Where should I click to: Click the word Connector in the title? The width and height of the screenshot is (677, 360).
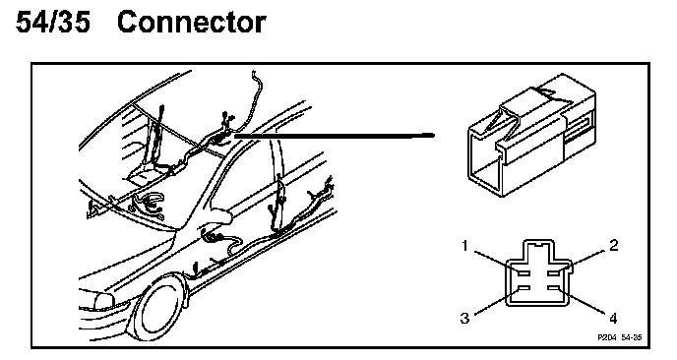coord(191,23)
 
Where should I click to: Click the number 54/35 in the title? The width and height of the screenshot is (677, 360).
coord(53,23)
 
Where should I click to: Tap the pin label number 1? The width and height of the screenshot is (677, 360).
coord(465,246)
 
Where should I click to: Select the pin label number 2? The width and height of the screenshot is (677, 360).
coord(614,245)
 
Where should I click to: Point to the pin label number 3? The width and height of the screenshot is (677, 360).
coord(464,318)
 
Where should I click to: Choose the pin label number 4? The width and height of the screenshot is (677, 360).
coord(613,319)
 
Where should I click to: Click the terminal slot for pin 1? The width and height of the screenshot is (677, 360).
coord(524,273)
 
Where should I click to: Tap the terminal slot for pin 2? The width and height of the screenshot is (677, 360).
coord(554,273)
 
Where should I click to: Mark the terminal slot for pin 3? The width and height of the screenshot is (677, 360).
coord(524,288)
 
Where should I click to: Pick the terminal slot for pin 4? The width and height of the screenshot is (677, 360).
coord(554,288)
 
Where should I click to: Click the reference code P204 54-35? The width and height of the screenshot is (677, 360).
coord(620,337)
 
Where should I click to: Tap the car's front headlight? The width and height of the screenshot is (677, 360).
coord(103,301)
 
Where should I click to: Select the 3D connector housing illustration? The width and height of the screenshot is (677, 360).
coord(531,135)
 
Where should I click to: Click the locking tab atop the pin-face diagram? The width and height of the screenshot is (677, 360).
coord(538,251)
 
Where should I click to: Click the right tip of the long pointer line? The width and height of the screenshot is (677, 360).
coord(434,135)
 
